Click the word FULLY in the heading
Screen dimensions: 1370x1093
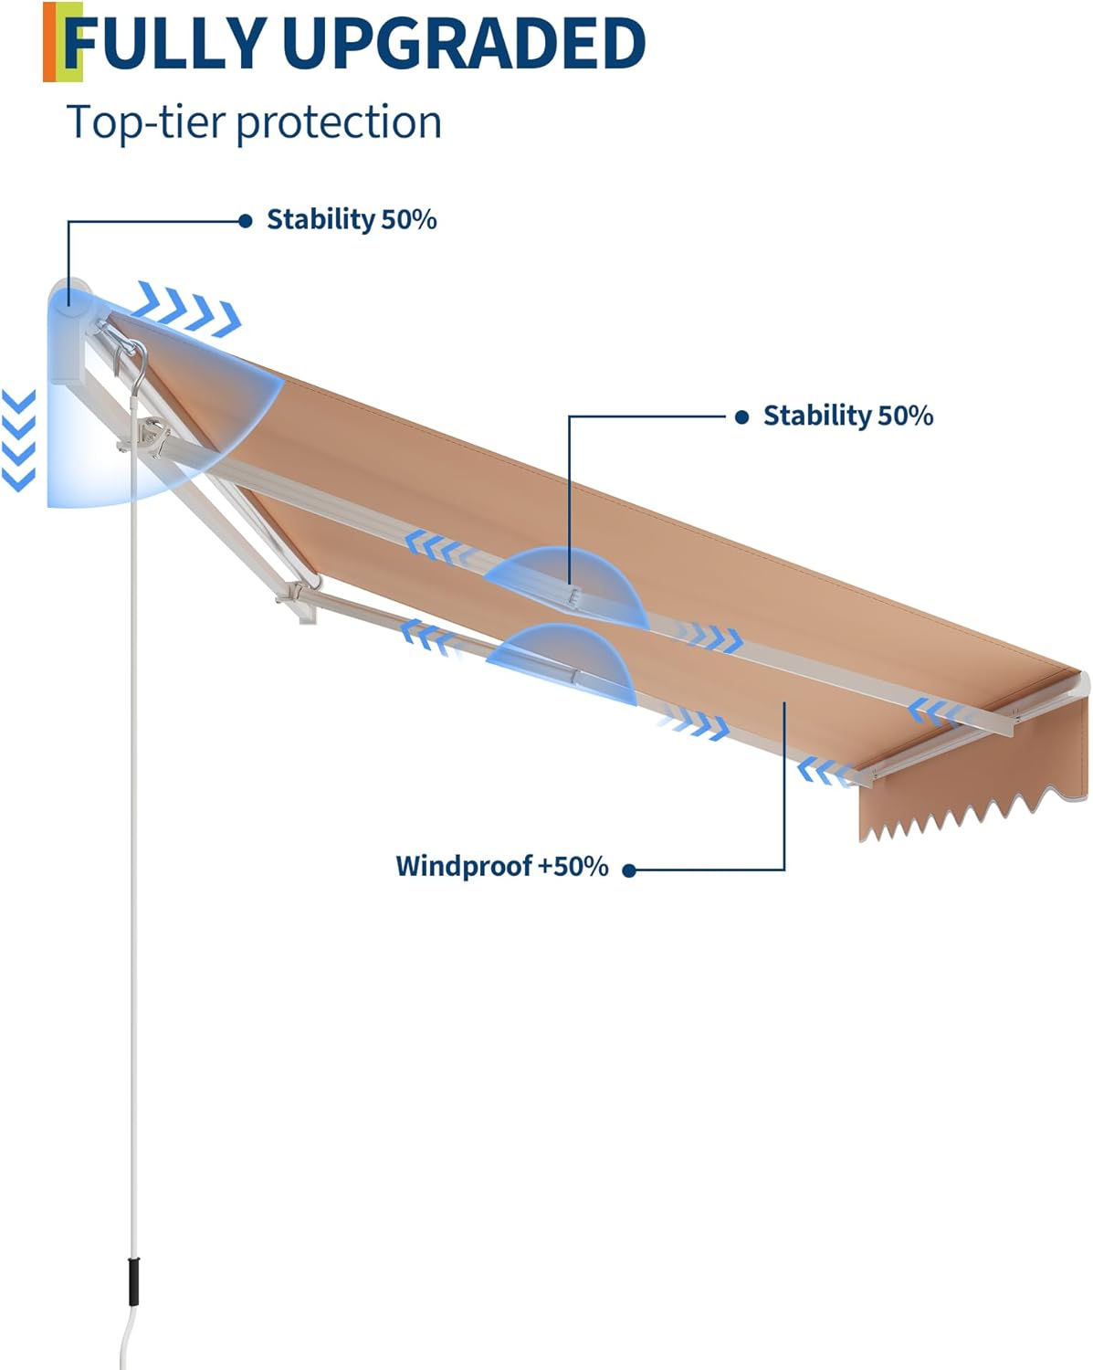164,43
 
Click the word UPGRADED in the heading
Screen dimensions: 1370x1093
463,43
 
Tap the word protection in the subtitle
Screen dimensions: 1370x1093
339,122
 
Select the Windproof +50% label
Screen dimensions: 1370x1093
501,866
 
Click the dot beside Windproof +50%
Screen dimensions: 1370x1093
628,870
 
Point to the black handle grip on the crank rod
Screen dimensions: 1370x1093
133,1282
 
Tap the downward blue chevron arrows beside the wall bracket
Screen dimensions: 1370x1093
19,439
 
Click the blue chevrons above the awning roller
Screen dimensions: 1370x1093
189,307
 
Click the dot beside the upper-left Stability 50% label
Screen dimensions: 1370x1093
245,221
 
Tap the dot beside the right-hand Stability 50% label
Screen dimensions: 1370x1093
741,416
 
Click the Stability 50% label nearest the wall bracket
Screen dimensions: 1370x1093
352,220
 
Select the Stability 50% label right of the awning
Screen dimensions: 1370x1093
847,416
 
